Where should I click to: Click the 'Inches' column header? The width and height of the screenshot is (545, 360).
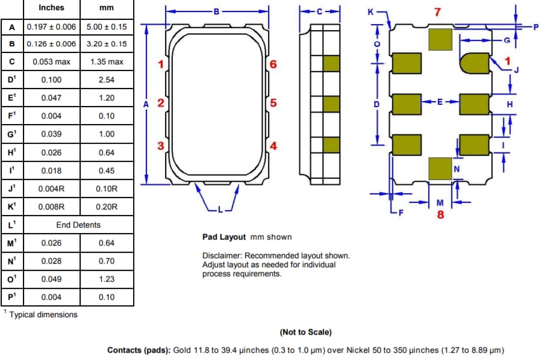[x=52, y=8]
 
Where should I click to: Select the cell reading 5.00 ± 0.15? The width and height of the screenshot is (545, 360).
[x=107, y=26]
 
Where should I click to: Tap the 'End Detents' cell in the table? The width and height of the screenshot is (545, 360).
[x=78, y=225]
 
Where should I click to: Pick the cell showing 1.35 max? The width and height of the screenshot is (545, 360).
[x=107, y=61]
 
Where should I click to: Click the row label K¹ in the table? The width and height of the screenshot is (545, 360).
[x=12, y=206]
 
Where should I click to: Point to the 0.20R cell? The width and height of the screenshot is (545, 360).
[x=107, y=206]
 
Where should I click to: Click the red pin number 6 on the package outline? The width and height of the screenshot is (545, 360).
[x=273, y=64]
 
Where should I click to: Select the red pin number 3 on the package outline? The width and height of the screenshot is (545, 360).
[x=161, y=145]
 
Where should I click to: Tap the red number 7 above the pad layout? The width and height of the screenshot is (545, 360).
[x=438, y=12]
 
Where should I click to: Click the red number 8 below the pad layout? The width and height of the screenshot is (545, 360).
[x=440, y=214]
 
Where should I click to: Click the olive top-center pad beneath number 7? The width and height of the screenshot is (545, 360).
[x=440, y=40]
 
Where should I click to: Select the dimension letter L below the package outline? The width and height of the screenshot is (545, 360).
[x=220, y=209]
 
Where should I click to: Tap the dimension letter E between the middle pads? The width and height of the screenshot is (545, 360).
[x=440, y=102]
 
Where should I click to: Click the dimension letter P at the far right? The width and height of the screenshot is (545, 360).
[x=535, y=26]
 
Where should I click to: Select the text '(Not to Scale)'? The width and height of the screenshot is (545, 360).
[x=305, y=332]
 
